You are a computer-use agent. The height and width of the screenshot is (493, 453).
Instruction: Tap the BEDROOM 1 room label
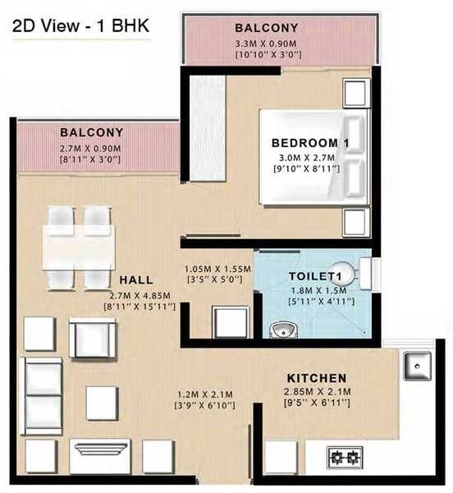[311, 144]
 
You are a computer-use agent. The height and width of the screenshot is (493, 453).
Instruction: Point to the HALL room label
[137, 279]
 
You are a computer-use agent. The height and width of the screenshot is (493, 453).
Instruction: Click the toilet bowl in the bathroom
[348, 273]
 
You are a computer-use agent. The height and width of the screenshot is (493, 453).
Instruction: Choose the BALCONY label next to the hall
[91, 131]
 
